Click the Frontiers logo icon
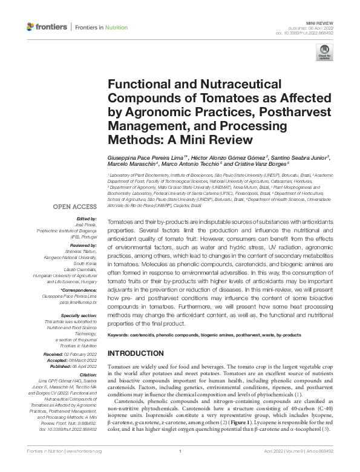coord(31,27)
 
